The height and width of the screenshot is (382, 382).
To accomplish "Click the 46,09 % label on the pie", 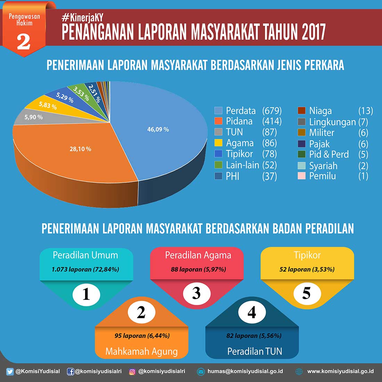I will coord(158,130).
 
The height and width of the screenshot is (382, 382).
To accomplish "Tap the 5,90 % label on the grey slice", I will coord(33,117).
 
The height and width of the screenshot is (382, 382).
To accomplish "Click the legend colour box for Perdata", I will coord(218,111).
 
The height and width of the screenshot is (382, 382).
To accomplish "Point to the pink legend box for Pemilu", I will coord(301,176).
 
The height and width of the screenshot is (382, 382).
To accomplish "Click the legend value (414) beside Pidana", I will coord(272,121).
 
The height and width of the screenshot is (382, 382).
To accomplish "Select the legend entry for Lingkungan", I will coord(332,122).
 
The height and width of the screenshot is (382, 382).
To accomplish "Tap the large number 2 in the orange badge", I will coord(24,42).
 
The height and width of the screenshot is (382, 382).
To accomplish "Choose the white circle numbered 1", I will coord(86,294).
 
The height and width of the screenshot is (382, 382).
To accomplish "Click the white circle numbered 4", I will coord(252,313).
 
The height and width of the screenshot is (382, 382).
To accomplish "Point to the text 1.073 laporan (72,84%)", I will coord(85,269).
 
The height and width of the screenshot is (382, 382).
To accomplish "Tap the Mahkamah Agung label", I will coord(141,351).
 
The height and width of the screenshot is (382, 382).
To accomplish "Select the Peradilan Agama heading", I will coord(198,255).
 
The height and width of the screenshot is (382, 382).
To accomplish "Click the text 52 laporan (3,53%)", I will coord(307,269).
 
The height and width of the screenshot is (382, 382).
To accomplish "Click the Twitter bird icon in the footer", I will coord(10,372).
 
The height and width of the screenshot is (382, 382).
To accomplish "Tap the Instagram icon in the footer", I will coord(132,372).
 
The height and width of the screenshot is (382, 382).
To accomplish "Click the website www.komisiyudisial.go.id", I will coord(340,371).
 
